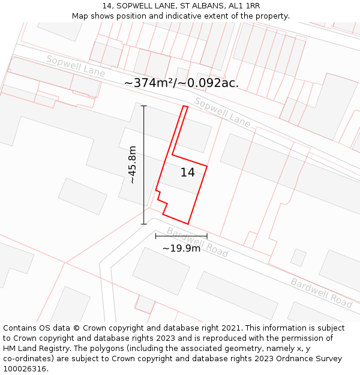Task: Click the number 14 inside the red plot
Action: (x=187, y=173)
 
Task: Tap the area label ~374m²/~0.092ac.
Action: (x=181, y=83)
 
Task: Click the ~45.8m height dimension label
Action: (x=132, y=164)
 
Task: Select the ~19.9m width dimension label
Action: (x=181, y=248)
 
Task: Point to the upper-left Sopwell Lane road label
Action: (x=76, y=67)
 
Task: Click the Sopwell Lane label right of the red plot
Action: (x=222, y=112)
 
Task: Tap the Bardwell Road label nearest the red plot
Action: (x=197, y=242)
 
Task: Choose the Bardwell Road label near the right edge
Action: (x=321, y=293)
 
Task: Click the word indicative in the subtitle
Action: (x=179, y=16)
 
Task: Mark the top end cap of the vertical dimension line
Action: (x=143, y=106)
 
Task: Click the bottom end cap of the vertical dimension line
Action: (x=143, y=224)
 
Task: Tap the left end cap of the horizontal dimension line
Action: (x=155, y=236)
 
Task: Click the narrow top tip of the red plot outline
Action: (x=185, y=107)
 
